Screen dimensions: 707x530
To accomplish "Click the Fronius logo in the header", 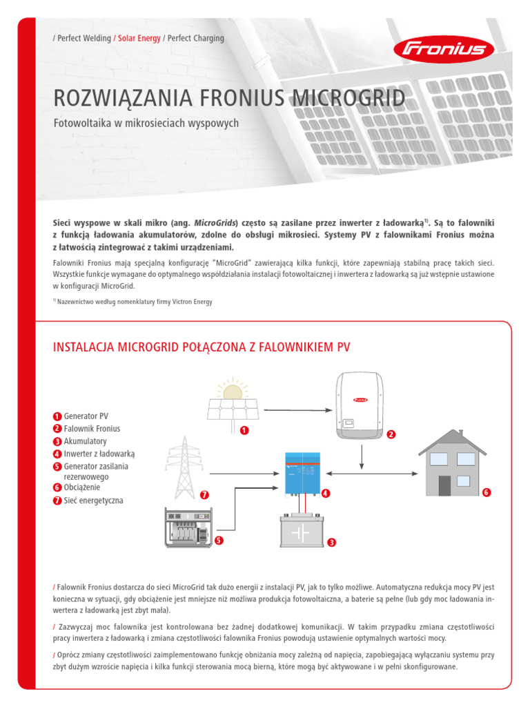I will pos(443,49).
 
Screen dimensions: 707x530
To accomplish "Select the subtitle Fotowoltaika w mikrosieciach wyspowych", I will pos(146,124).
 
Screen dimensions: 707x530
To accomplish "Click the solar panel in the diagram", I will pos(233,410).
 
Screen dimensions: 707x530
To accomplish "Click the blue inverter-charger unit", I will pos(303,473).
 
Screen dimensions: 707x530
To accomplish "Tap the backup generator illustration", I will pos(189,527).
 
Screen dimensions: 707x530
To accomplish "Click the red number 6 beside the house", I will pos(486,492).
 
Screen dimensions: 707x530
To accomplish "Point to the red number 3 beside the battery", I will pos(331,543).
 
